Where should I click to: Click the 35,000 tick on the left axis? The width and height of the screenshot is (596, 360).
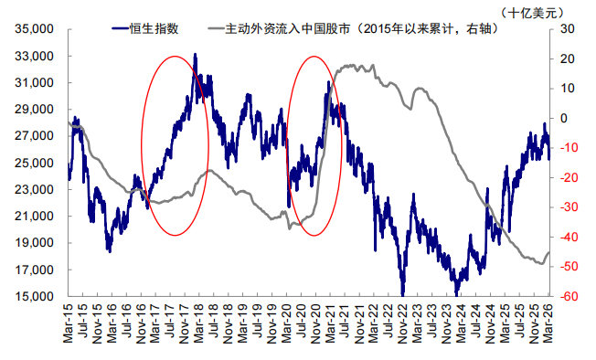(x=34, y=29)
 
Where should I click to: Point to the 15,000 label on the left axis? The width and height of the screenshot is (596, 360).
(x=34, y=296)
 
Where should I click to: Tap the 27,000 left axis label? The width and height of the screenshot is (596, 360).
(x=34, y=136)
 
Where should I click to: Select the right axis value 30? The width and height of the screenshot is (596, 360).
(x=568, y=29)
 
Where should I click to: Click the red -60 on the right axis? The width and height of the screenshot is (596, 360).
(x=567, y=296)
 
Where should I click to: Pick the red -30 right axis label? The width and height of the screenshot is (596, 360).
(x=567, y=207)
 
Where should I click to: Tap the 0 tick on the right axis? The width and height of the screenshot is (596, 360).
(x=564, y=118)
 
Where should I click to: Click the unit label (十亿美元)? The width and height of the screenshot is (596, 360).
(x=531, y=13)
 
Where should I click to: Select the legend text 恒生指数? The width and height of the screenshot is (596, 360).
(x=154, y=28)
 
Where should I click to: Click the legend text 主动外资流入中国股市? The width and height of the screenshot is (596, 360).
(x=288, y=28)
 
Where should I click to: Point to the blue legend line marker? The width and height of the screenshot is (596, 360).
(x=121, y=28)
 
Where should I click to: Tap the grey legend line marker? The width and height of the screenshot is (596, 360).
(x=217, y=28)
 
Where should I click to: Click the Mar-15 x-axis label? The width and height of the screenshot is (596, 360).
(x=68, y=323)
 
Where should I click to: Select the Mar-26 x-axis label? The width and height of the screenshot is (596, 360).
(x=548, y=323)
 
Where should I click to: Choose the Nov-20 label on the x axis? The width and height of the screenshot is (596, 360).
(x=315, y=323)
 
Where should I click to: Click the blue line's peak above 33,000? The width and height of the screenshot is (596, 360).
(x=195, y=54)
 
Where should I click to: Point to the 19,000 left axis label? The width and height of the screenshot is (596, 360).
(x=34, y=243)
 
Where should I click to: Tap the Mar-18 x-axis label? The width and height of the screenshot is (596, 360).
(x=199, y=323)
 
